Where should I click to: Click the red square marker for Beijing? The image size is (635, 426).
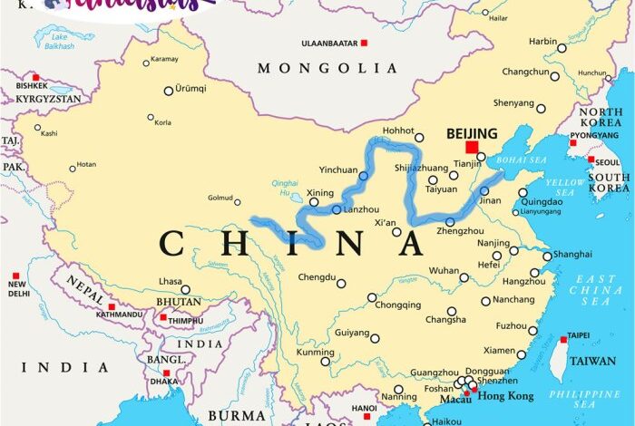(472, 148)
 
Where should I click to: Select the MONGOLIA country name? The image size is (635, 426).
(327, 68)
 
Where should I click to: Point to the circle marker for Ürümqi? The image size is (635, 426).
(168, 91)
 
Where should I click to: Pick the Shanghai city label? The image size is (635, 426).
(572, 255)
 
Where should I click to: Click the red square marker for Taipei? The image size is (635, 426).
(563, 341)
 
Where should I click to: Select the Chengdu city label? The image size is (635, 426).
(317, 280)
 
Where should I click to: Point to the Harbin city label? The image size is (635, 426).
(542, 41)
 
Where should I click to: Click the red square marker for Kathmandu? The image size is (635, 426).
(112, 307)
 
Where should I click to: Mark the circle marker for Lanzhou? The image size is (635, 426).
(337, 210)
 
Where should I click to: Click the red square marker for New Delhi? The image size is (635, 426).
(15, 276)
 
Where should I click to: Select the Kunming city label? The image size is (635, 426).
(315, 352)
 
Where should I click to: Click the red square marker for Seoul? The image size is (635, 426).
(591, 160)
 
